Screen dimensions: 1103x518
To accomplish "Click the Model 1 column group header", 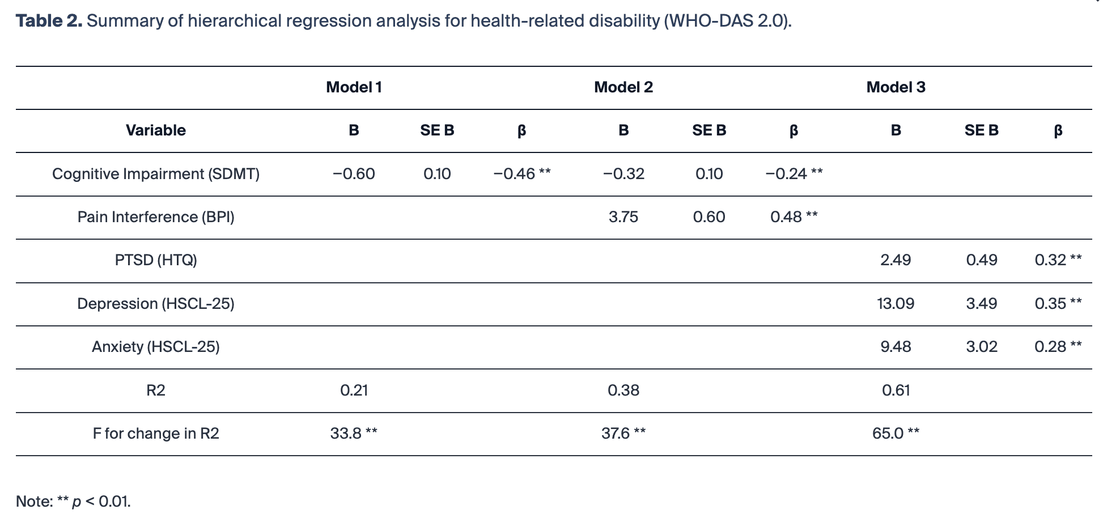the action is pos(354,87).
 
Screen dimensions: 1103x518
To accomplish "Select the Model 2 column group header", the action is pos(623,87).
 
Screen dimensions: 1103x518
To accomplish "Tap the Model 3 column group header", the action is pos(896,87).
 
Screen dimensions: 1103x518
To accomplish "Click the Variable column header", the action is pos(156,130).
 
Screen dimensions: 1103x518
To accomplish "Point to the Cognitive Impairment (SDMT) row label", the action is pos(156,174).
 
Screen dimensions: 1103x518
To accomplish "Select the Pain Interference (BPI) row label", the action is pos(156,217).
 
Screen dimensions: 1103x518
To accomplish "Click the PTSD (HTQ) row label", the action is pos(156,260).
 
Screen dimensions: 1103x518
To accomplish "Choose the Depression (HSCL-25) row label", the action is pos(156,304).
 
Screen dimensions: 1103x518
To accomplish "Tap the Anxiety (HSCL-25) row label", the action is pos(156,347).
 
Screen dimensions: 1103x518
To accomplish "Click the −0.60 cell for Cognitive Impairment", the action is pos(354,174).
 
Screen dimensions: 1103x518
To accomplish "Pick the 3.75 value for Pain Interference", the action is pos(623,217).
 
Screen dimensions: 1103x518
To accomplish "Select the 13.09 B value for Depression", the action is pos(896,304).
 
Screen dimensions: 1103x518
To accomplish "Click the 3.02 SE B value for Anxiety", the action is pos(982,347).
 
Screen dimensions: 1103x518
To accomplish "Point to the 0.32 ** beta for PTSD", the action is pos(1058,260).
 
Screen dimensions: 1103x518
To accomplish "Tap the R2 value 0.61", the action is pos(896,390).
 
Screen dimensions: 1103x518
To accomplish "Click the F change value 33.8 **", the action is pos(354,434).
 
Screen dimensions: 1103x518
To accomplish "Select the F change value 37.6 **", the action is pos(623,434).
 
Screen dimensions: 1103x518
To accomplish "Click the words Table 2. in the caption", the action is pos(49,21).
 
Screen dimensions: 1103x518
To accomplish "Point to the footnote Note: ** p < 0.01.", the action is pos(73,502).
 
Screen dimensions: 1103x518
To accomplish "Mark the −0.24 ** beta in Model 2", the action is pos(794,174).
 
